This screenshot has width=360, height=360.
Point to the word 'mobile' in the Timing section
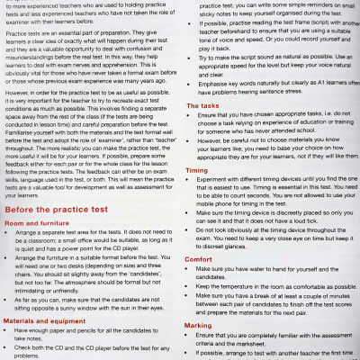click(x=209, y=205)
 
